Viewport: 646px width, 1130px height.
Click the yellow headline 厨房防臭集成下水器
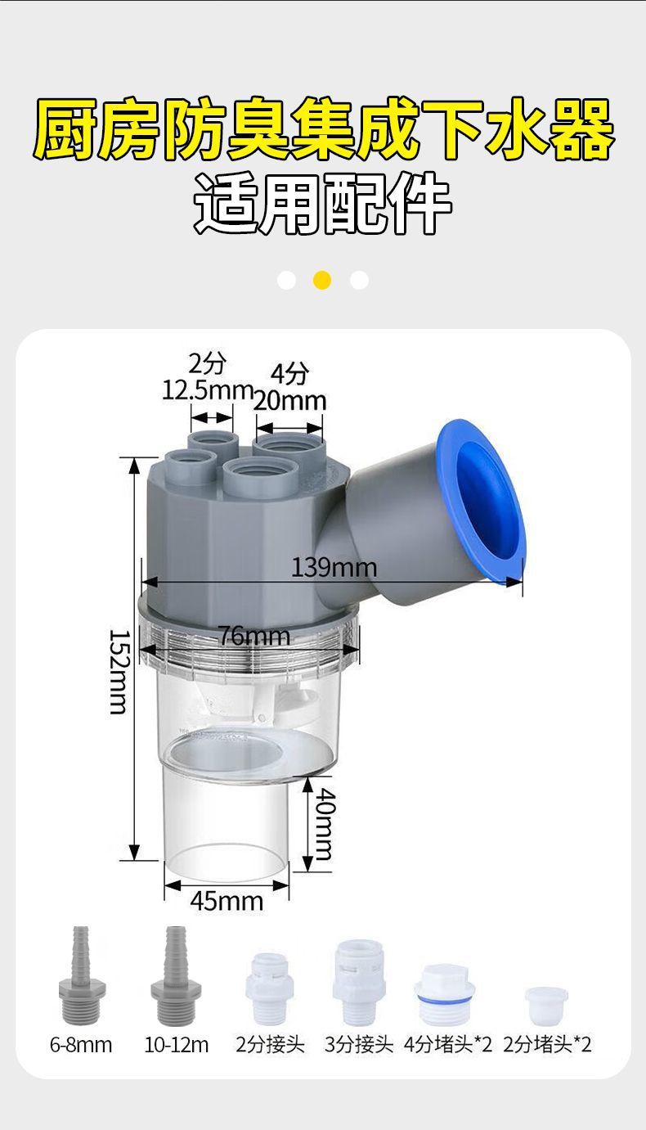323,130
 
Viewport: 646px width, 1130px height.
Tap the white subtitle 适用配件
323,204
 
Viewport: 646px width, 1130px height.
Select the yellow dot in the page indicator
322,280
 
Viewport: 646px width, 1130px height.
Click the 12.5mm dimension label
207,390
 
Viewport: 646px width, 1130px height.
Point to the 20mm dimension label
290,402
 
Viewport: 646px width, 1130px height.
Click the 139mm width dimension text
334,568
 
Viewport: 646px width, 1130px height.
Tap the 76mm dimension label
254,636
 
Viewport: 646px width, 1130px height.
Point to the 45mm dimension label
227,901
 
